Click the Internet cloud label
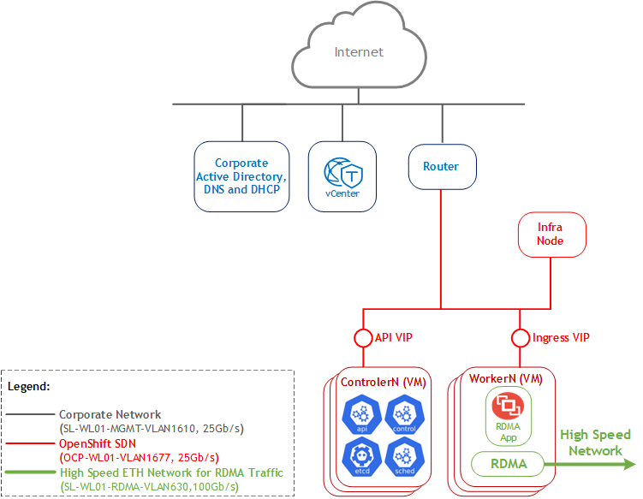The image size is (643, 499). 359,52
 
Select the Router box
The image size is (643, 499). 442,166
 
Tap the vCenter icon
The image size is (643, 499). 343,173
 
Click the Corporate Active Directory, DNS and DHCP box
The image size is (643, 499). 241,176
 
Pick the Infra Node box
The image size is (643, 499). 552,235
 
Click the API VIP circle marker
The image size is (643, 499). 363,338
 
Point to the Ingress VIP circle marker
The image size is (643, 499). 521,338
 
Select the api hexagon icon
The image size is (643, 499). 361,414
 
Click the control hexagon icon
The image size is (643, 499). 404,414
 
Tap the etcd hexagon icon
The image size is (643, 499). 361,457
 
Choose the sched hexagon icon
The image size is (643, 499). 404,457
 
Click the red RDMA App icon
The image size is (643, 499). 508,406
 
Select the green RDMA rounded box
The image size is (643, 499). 508,464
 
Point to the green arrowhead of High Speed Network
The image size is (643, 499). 629,464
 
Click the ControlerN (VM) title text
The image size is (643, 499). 384,382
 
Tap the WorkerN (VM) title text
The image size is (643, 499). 506,378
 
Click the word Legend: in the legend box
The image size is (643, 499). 29,387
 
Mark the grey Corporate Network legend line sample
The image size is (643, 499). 30,414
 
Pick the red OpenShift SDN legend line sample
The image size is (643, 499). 30,443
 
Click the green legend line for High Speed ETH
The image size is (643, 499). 30,472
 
